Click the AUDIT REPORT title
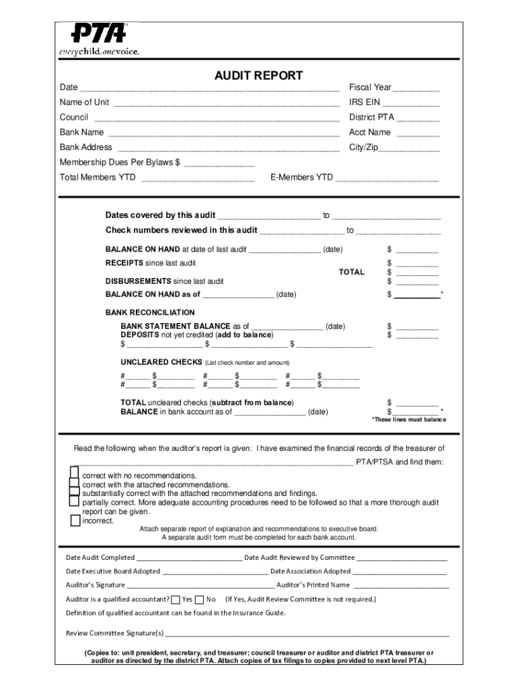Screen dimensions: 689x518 coord(258,76)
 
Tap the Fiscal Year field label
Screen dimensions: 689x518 coord(369,87)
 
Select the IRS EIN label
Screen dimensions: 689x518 coord(365,102)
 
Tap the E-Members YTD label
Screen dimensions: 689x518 coord(301,178)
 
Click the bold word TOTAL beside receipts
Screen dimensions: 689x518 coord(351,272)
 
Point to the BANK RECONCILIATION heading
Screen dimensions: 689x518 coord(150,313)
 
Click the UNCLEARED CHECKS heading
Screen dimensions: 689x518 coord(161,362)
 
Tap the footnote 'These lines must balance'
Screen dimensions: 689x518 coord(409,420)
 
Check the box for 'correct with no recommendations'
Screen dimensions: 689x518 coord(75,473)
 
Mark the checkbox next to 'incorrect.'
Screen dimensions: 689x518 coord(75,520)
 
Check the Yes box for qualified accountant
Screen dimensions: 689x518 coord(176,600)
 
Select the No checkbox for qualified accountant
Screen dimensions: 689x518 coord(199,600)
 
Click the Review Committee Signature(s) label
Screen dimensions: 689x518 coord(114,633)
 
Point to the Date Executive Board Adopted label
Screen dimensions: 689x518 coord(112,571)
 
